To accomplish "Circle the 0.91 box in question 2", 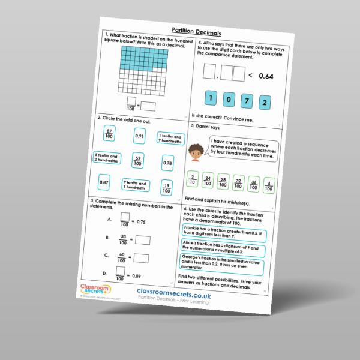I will point(139,136).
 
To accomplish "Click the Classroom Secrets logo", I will point(92,290).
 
